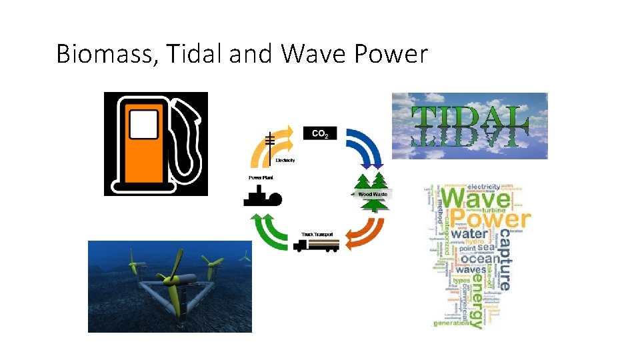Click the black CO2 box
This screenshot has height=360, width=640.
tap(320, 133)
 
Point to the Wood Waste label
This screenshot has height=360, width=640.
tap(373, 194)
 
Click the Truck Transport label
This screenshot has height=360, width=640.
tap(317, 234)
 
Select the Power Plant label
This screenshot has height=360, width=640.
tap(260, 177)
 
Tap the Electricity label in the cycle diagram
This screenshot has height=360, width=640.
tap(285, 161)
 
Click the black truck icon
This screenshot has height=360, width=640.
tap(316, 245)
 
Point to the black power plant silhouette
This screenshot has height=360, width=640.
tap(262, 196)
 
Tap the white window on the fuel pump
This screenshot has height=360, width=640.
tap(144, 125)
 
